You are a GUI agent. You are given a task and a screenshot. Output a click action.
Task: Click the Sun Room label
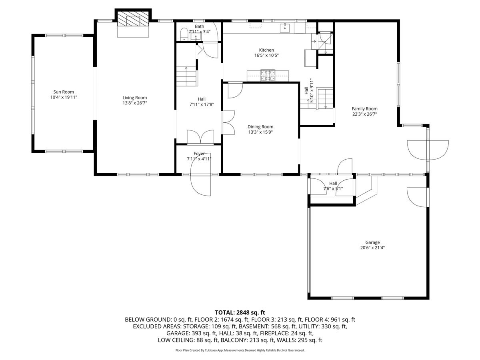pos(64,92)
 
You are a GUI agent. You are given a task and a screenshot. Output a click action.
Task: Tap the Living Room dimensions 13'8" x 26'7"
pos(135,103)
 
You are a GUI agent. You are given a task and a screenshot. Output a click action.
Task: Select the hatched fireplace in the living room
pos(133,18)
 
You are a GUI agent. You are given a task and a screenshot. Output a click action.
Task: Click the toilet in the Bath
pos(184,34)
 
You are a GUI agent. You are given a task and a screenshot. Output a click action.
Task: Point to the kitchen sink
pos(285,28)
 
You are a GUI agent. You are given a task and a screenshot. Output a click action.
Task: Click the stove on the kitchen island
pos(268,76)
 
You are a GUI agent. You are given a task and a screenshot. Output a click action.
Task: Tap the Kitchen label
pos(266,50)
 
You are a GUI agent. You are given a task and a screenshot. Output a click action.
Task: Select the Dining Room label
pos(260,127)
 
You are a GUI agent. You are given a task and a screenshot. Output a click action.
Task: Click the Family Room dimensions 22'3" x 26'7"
pos(364,114)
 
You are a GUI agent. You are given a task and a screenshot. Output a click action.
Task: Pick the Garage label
pos(372,242)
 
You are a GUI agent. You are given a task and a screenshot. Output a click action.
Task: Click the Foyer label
pos(199,154)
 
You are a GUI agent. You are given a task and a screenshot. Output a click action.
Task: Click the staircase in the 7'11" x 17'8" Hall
pos(186,76)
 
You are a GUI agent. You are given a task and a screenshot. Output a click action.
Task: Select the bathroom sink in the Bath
pos(195,36)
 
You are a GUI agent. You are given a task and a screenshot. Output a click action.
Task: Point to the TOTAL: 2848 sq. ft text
pos(240,312)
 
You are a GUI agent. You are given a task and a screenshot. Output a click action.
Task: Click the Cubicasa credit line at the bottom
pos(240,350)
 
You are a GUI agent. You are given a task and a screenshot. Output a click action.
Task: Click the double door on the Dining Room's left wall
pos(229,123)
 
